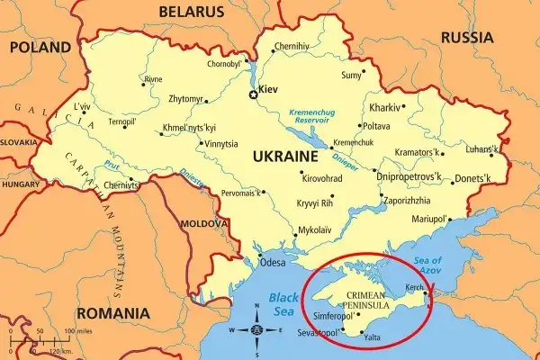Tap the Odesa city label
[x=272, y=263]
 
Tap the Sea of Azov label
[x=427, y=265]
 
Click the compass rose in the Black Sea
[x=257, y=329]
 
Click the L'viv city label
[x=81, y=107]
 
